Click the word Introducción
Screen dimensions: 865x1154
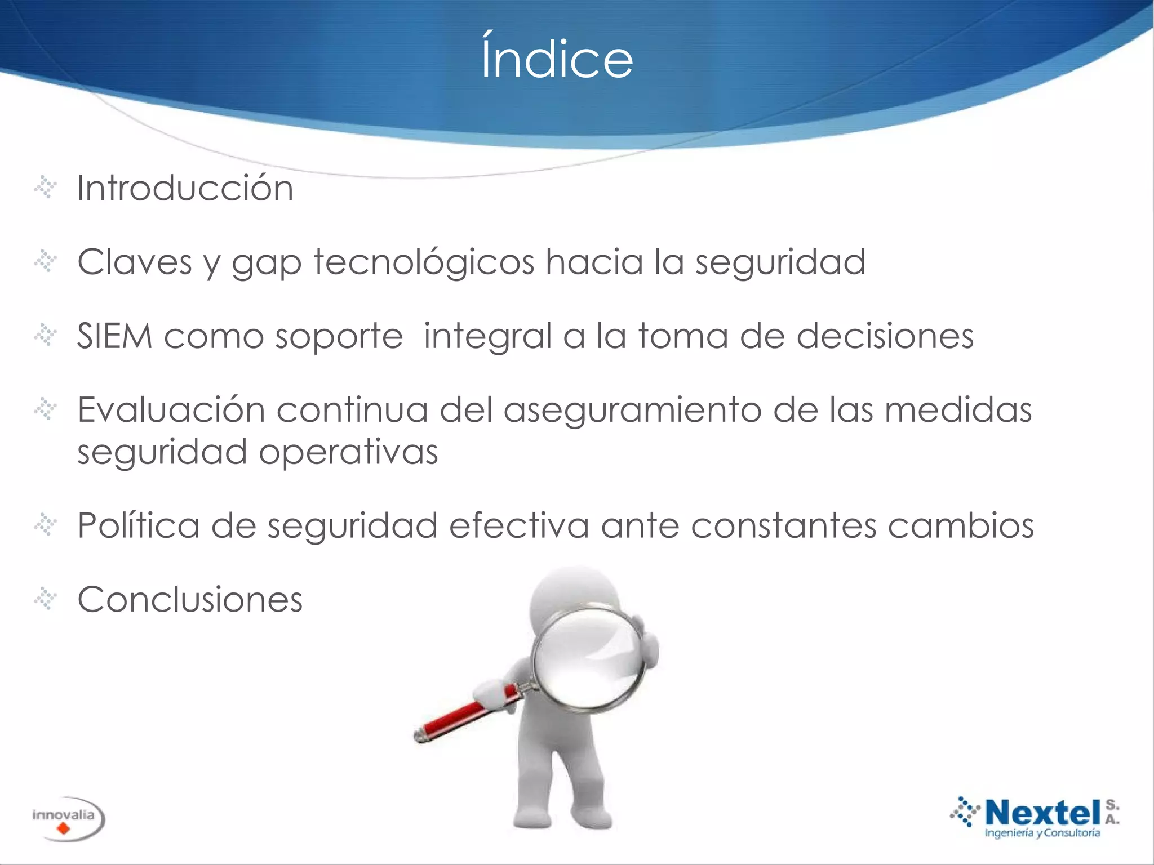(x=185, y=188)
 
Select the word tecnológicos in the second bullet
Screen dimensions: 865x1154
(x=424, y=262)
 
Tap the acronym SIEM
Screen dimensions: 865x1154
(x=114, y=336)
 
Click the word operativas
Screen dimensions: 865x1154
(x=348, y=452)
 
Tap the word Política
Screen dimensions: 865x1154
(x=138, y=525)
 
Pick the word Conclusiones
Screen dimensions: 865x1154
(x=190, y=599)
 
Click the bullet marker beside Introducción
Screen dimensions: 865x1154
(x=45, y=188)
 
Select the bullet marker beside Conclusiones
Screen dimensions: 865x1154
(x=45, y=599)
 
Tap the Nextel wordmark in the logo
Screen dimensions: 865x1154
(x=1042, y=813)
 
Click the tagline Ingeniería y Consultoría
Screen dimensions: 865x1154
(x=1042, y=833)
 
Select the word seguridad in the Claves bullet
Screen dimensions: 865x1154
(x=780, y=262)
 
